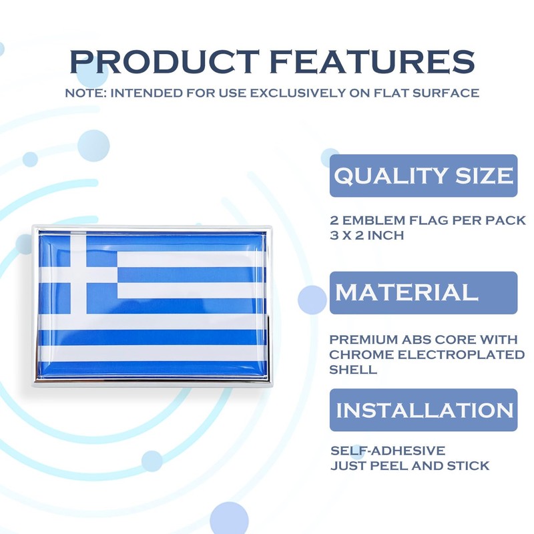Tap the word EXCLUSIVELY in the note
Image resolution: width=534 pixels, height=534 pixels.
click(x=264, y=93)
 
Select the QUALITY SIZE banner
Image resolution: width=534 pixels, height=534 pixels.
click(x=424, y=176)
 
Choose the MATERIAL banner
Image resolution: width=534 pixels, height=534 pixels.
click(x=424, y=292)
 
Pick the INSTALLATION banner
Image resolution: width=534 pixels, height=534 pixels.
click(x=424, y=410)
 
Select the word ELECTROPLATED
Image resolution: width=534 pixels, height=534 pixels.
click(x=461, y=354)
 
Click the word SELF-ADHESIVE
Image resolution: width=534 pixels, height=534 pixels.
click(x=388, y=451)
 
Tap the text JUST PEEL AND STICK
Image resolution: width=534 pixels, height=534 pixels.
click(x=410, y=465)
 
